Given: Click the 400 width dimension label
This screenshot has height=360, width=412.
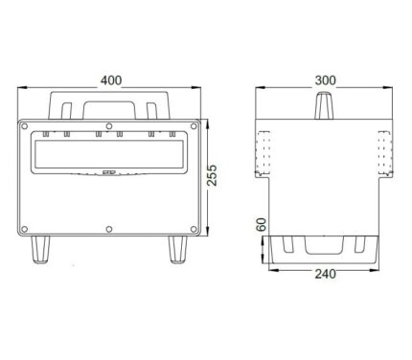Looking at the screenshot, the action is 111,80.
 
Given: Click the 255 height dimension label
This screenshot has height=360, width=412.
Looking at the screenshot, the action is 212,175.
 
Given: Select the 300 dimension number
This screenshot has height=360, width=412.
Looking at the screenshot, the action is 326,80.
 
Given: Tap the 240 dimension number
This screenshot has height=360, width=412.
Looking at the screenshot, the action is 326,274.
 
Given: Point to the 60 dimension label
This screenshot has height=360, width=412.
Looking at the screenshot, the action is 262,224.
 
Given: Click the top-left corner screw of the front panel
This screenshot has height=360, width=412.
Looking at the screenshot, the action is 24,126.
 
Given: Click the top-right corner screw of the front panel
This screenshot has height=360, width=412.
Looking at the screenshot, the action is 194,126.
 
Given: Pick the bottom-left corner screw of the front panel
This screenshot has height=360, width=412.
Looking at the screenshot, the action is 24,229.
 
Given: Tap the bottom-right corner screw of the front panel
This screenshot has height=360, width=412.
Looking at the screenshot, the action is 194,229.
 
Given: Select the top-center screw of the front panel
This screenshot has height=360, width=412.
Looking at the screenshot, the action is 109,125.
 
